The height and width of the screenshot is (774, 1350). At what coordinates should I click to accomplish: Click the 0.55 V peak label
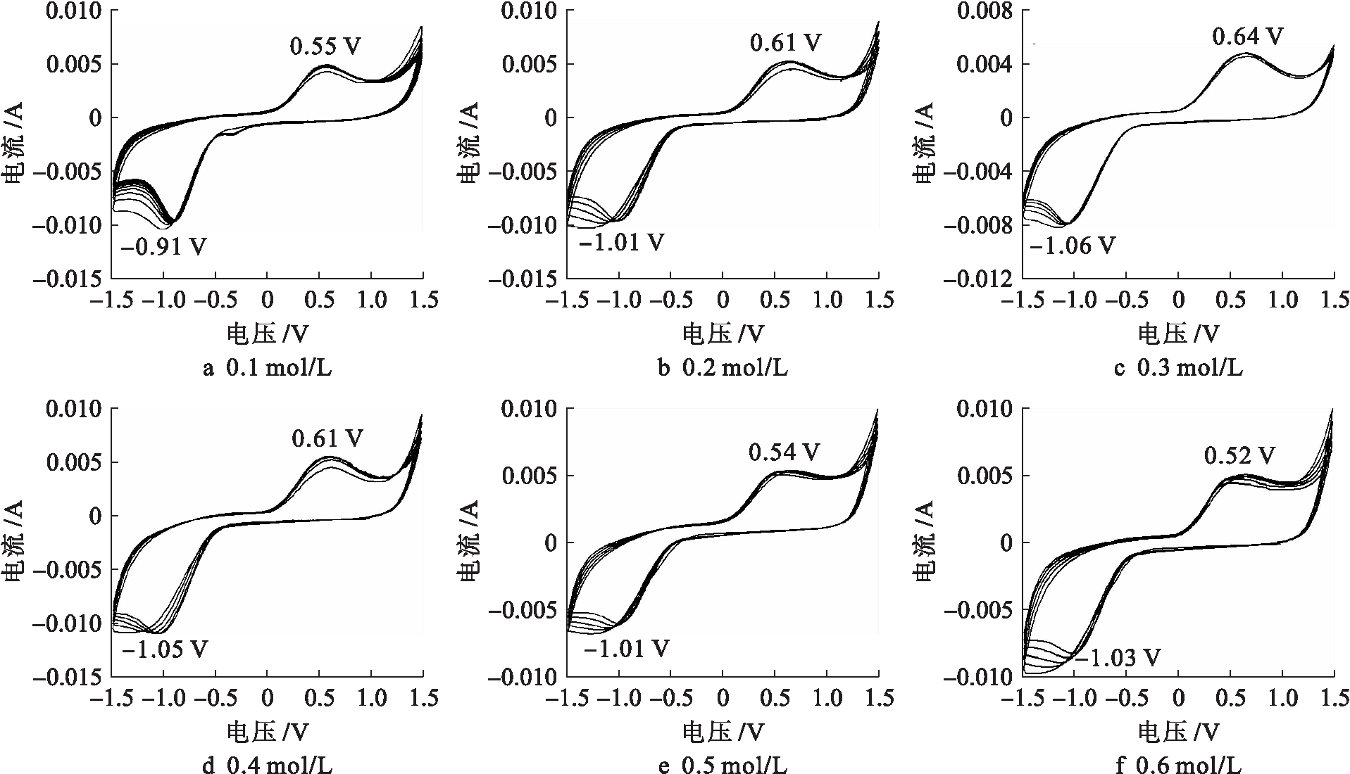[x=325, y=46]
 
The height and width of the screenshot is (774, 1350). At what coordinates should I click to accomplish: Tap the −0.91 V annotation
[x=164, y=248]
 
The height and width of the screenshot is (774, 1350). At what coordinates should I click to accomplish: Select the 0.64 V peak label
[x=1247, y=36]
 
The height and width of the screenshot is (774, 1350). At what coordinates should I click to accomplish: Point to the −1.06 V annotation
[x=1072, y=246]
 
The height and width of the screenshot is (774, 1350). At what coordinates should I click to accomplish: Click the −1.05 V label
[x=165, y=649]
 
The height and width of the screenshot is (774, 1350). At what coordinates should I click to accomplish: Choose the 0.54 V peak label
[x=785, y=452]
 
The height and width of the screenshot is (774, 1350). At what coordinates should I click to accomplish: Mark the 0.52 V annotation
[x=1239, y=456]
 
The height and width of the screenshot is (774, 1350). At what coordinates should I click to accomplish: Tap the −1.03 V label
[x=1117, y=658]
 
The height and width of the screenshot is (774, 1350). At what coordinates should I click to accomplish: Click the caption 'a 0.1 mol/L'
[x=267, y=367]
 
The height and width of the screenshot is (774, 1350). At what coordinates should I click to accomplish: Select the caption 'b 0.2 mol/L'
[x=723, y=367]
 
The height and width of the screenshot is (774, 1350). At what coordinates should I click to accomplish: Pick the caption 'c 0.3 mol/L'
[x=1178, y=367]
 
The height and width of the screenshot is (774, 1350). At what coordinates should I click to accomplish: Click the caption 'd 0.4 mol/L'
[x=267, y=766]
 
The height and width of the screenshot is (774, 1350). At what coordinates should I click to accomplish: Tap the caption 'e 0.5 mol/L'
[x=723, y=766]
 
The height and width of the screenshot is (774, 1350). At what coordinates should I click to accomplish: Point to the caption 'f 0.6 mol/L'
[x=1178, y=766]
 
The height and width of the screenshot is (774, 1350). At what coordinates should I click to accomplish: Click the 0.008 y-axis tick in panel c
[x=984, y=11]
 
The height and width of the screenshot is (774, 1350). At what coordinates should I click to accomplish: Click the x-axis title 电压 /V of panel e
[x=723, y=732]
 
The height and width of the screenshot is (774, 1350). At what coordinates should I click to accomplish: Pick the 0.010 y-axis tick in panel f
[x=984, y=409]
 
